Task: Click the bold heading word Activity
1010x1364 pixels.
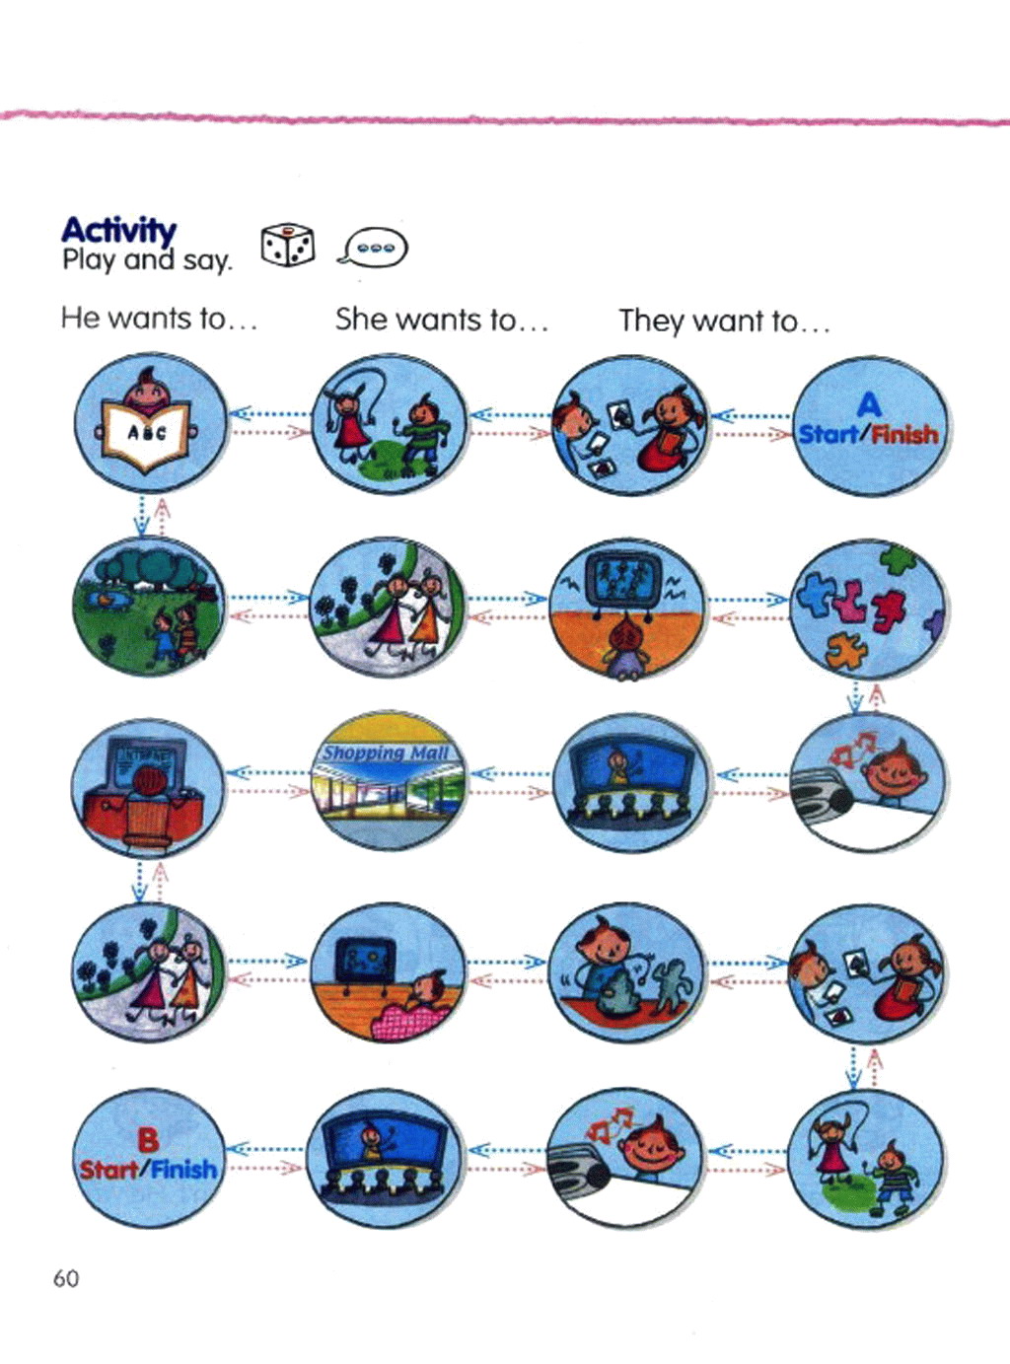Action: [x=118, y=230]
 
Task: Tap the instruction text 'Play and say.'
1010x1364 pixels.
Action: [x=146, y=260]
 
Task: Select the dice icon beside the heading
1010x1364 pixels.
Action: [x=287, y=246]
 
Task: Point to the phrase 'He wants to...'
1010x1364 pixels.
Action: [x=158, y=319]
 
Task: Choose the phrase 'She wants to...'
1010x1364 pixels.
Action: [x=440, y=320]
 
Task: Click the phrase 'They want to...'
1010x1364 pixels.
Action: [x=724, y=321]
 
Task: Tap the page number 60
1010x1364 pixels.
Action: [x=66, y=1278]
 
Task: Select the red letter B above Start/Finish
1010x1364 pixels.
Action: [x=147, y=1140]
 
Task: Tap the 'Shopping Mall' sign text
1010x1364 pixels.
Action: [x=386, y=754]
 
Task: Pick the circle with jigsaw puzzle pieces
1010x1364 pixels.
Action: [x=868, y=609]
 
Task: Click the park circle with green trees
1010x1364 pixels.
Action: [x=148, y=605]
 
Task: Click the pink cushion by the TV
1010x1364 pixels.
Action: [x=406, y=1017]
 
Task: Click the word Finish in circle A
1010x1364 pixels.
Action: [x=905, y=434]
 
